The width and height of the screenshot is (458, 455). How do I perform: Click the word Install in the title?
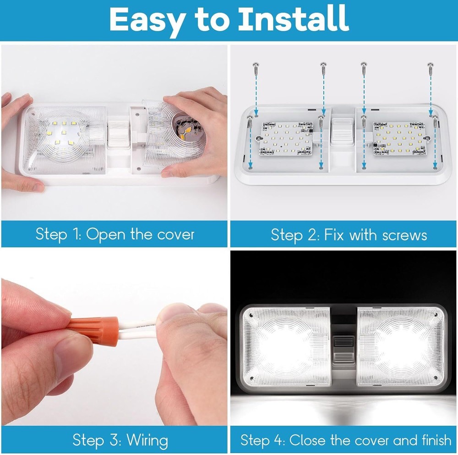294,19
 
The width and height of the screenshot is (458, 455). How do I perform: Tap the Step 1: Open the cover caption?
115,235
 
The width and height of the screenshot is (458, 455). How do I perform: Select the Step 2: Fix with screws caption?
349,235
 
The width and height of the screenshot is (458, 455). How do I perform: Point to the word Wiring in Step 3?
147,440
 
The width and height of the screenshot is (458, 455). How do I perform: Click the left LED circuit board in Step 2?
287,138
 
